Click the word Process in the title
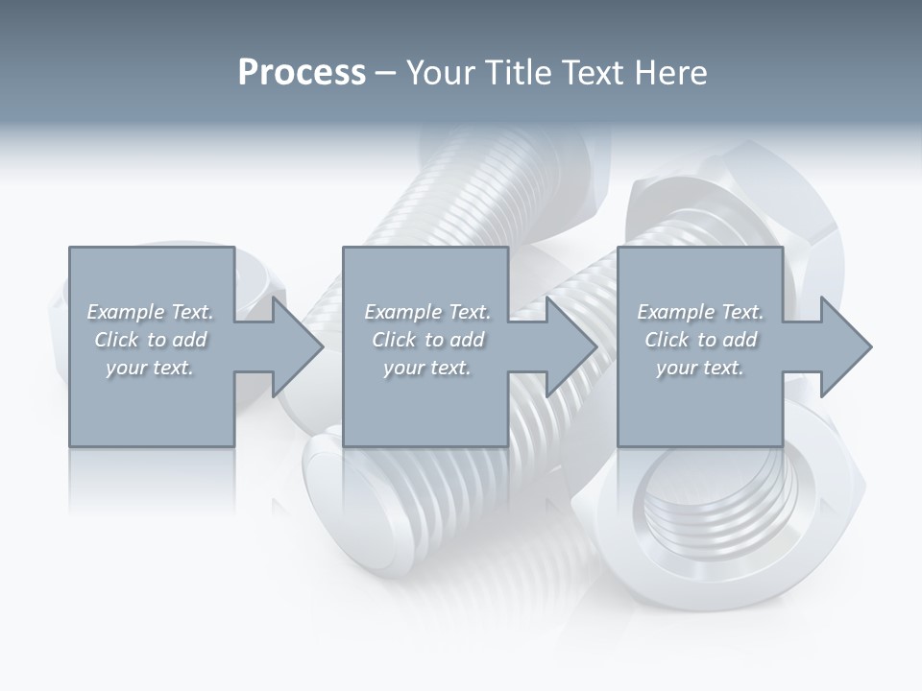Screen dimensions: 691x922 coord(302,73)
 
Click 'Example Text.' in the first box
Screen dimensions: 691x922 coord(151,312)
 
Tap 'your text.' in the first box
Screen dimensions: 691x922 coord(150,368)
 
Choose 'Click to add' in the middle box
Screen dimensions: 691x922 coord(427,340)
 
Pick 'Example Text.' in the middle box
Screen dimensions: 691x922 coord(427,312)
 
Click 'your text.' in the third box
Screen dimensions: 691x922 coord(700,368)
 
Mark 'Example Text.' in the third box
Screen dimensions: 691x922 coord(700,312)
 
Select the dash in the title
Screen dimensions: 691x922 coord(386,73)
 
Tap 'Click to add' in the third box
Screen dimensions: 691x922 coord(700,340)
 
